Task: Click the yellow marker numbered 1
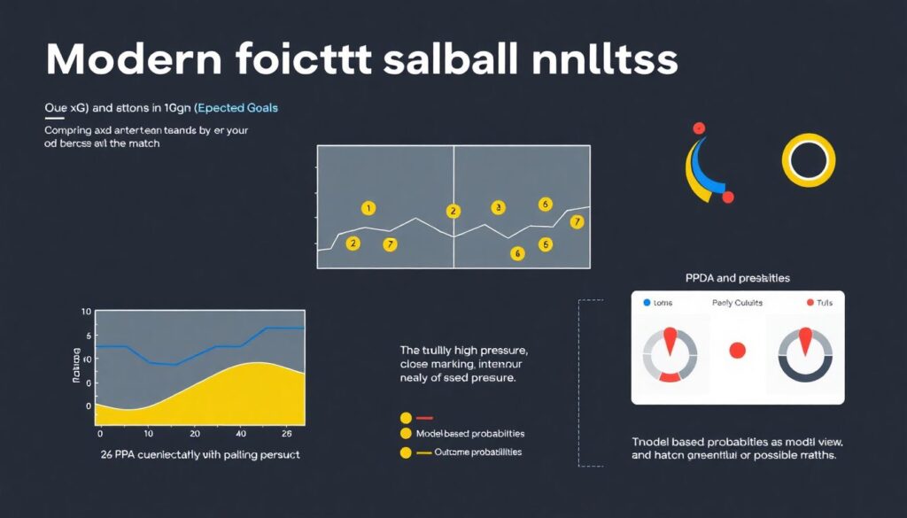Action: click(x=368, y=208)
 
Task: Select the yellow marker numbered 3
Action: click(x=498, y=207)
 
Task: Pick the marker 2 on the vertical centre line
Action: click(x=453, y=211)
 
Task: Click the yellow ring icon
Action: click(x=808, y=160)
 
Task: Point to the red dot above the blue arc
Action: click(x=699, y=128)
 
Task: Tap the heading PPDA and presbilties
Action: click(x=737, y=278)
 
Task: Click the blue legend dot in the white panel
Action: click(x=646, y=303)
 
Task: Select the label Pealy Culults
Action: click(x=737, y=303)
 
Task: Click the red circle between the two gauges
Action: click(x=737, y=351)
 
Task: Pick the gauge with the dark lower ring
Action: click(x=804, y=354)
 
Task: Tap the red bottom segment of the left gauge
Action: click(x=670, y=377)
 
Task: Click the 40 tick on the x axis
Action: click(x=241, y=435)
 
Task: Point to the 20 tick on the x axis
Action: click(x=194, y=435)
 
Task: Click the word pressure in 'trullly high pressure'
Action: click(x=499, y=351)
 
